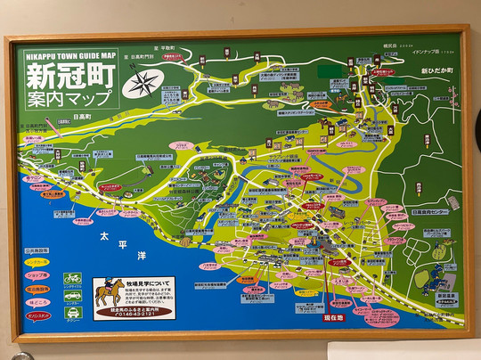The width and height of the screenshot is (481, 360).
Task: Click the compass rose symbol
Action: pyautogui.click(x=140, y=85)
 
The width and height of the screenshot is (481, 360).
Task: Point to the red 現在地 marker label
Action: pyautogui.click(x=333, y=316)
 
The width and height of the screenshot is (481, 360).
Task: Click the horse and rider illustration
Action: pyautogui.click(x=110, y=293)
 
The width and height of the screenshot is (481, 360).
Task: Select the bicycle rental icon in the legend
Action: pyautogui.click(x=72, y=277)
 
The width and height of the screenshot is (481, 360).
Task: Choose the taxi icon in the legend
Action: pyautogui.click(x=73, y=312)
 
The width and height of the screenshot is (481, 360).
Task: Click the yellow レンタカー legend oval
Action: pyautogui.click(x=37, y=263)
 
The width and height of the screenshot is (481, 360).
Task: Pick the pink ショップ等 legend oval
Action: pyautogui.click(x=37, y=275)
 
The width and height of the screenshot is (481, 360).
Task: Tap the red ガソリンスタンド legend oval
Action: pyautogui.click(x=37, y=315)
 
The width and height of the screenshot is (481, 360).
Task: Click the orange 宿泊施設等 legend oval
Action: pyautogui.click(x=37, y=289)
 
